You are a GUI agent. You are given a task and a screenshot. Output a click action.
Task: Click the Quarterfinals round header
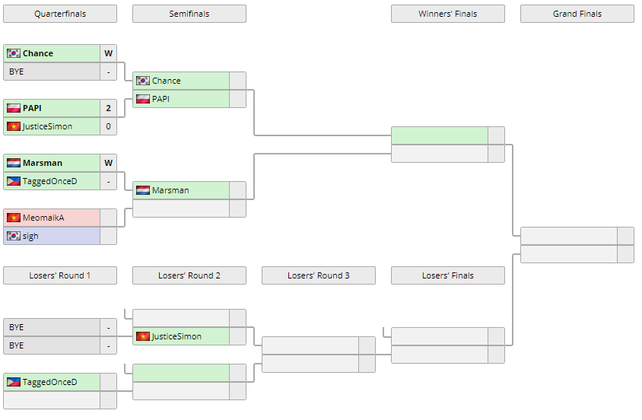click(60, 14)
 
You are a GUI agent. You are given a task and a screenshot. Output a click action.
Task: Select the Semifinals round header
click(189, 14)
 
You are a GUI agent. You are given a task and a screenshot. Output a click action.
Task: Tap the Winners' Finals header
click(448, 14)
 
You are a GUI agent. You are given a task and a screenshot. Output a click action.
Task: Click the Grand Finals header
click(577, 14)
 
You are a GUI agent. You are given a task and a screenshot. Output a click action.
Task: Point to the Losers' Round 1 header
click(60, 275)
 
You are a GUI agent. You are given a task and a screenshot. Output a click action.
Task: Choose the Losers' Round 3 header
click(319, 275)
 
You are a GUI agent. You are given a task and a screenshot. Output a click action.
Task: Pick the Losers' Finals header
click(448, 275)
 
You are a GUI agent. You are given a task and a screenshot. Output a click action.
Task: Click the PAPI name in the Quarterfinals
click(32, 108)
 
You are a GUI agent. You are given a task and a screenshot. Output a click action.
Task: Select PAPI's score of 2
click(109, 108)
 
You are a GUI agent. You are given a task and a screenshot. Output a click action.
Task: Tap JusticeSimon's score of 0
click(109, 126)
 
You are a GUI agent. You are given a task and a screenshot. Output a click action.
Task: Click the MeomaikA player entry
click(43, 218)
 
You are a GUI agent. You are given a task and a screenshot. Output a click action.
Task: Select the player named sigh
click(30, 236)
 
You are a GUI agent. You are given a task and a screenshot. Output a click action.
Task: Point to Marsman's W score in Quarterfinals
click(109, 163)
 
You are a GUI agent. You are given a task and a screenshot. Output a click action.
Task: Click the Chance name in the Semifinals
click(166, 81)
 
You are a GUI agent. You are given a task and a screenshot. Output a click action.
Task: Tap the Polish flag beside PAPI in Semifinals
click(143, 99)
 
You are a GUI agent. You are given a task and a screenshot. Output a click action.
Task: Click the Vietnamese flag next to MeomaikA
click(14, 218)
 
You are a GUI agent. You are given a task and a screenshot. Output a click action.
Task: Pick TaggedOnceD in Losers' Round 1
click(49, 382)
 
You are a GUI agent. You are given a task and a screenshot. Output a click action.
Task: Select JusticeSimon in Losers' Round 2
click(176, 336)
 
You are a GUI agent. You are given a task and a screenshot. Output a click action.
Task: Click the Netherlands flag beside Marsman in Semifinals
click(143, 190)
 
